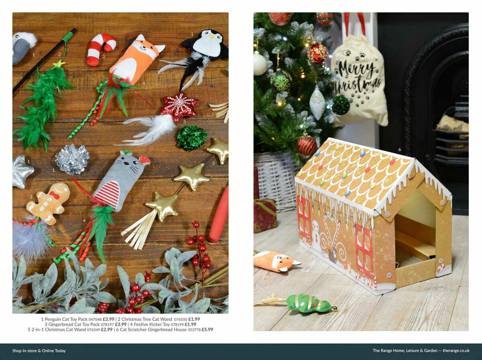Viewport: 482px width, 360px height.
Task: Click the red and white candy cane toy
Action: point(100,48)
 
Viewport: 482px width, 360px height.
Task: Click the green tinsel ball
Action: point(192,138)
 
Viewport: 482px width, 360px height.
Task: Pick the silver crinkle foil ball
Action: point(72,159)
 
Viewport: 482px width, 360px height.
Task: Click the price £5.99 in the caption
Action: point(207,329)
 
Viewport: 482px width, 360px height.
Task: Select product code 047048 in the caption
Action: point(95,319)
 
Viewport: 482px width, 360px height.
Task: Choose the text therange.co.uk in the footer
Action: point(456,350)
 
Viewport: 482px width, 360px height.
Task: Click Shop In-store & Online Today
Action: point(39,350)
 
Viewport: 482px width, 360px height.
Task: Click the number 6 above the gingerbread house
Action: point(399,150)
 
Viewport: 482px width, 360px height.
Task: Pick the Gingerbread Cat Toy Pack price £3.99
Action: point(120,324)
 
